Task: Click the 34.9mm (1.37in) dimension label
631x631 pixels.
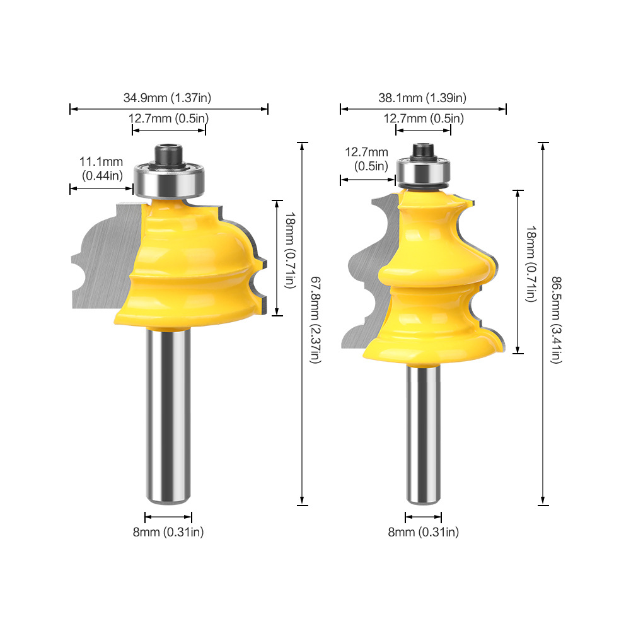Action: point(167,98)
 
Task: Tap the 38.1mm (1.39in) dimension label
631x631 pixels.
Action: point(422,98)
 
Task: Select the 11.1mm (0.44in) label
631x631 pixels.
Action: point(101,168)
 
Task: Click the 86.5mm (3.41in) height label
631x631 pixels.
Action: point(557,320)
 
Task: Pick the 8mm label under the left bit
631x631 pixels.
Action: point(168,532)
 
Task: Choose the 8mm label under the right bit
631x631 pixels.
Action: point(424,532)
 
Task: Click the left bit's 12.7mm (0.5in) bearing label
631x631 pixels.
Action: point(168,119)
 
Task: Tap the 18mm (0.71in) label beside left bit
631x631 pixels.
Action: point(291,250)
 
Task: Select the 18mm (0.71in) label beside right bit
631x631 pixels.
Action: point(531,264)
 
